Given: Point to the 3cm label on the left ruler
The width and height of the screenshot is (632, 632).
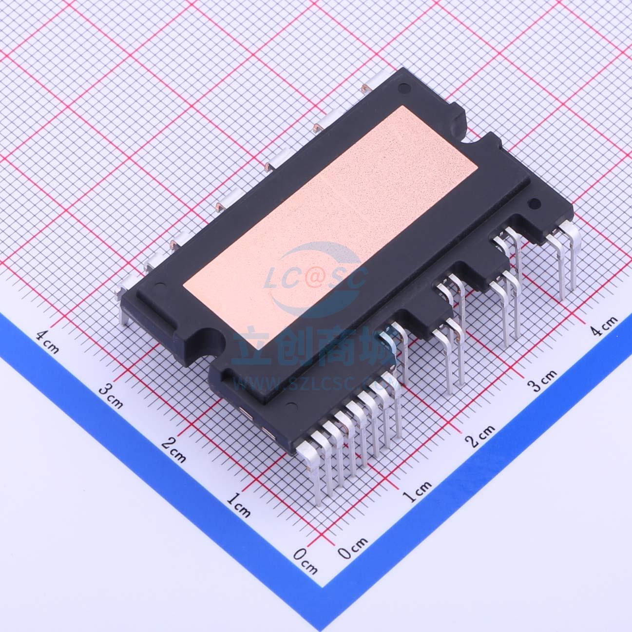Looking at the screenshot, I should pyautogui.click(x=111, y=394).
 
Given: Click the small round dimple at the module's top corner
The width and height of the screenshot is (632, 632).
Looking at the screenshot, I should pyautogui.click(x=402, y=89).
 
